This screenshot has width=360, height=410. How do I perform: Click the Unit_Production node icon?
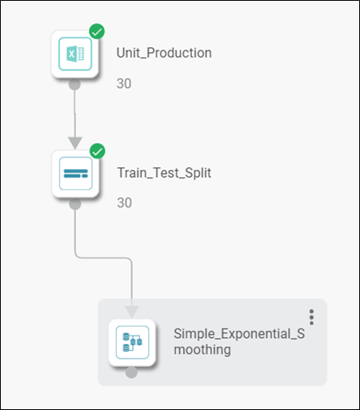[75, 54]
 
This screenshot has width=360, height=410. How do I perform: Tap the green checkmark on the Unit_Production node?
[97, 31]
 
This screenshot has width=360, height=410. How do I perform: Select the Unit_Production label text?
[164, 53]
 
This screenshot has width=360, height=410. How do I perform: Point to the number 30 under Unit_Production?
[124, 83]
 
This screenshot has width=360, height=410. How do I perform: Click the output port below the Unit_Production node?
[74, 84]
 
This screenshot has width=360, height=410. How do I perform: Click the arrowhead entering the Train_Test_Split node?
[75, 143]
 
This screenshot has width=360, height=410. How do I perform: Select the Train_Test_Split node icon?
[76, 174]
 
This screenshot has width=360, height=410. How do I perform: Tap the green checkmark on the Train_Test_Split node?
[98, 151]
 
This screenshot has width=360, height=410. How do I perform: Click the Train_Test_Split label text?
[164, 173]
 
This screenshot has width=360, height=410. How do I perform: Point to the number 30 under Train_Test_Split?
[125, 203]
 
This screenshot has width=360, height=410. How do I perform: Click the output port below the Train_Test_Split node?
[75, 204]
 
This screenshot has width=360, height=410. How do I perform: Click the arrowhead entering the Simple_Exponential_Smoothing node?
[132, 312]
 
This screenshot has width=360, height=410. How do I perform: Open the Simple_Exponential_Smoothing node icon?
[132, 343]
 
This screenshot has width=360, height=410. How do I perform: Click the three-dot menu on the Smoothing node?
[311, 317]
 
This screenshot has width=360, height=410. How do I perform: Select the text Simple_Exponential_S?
[239, 334]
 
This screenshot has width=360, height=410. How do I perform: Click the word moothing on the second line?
[202, 350]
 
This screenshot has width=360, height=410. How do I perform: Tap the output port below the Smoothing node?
[131, 372]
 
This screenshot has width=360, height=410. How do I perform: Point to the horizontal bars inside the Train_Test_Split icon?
[76, 174]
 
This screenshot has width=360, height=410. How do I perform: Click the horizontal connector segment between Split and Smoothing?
[103, 258]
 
